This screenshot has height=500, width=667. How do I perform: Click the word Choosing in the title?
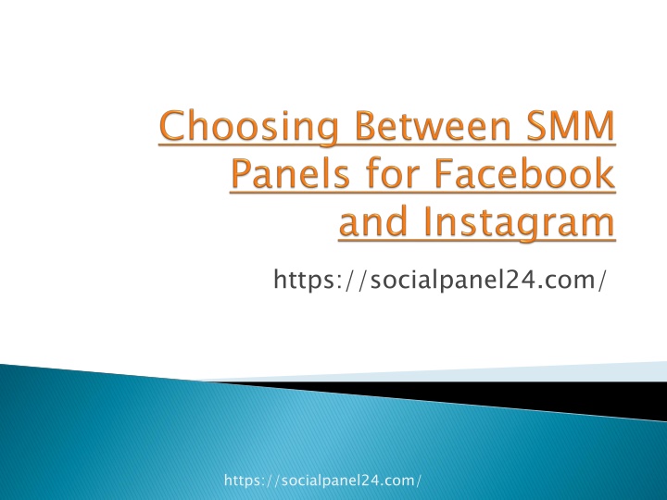point(249,128)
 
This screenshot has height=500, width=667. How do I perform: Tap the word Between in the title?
point(433,125)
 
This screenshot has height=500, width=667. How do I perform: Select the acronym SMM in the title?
point(571,125)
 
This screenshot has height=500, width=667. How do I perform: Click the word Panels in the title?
point(291,173)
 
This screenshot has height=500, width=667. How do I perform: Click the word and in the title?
point(373,221)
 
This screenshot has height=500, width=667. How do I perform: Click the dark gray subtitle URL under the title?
point(439,280)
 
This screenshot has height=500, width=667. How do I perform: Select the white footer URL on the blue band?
point(322,481)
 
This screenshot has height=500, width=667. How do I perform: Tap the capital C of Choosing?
point(173,125)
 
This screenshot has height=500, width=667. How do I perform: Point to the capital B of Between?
point(365,125)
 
